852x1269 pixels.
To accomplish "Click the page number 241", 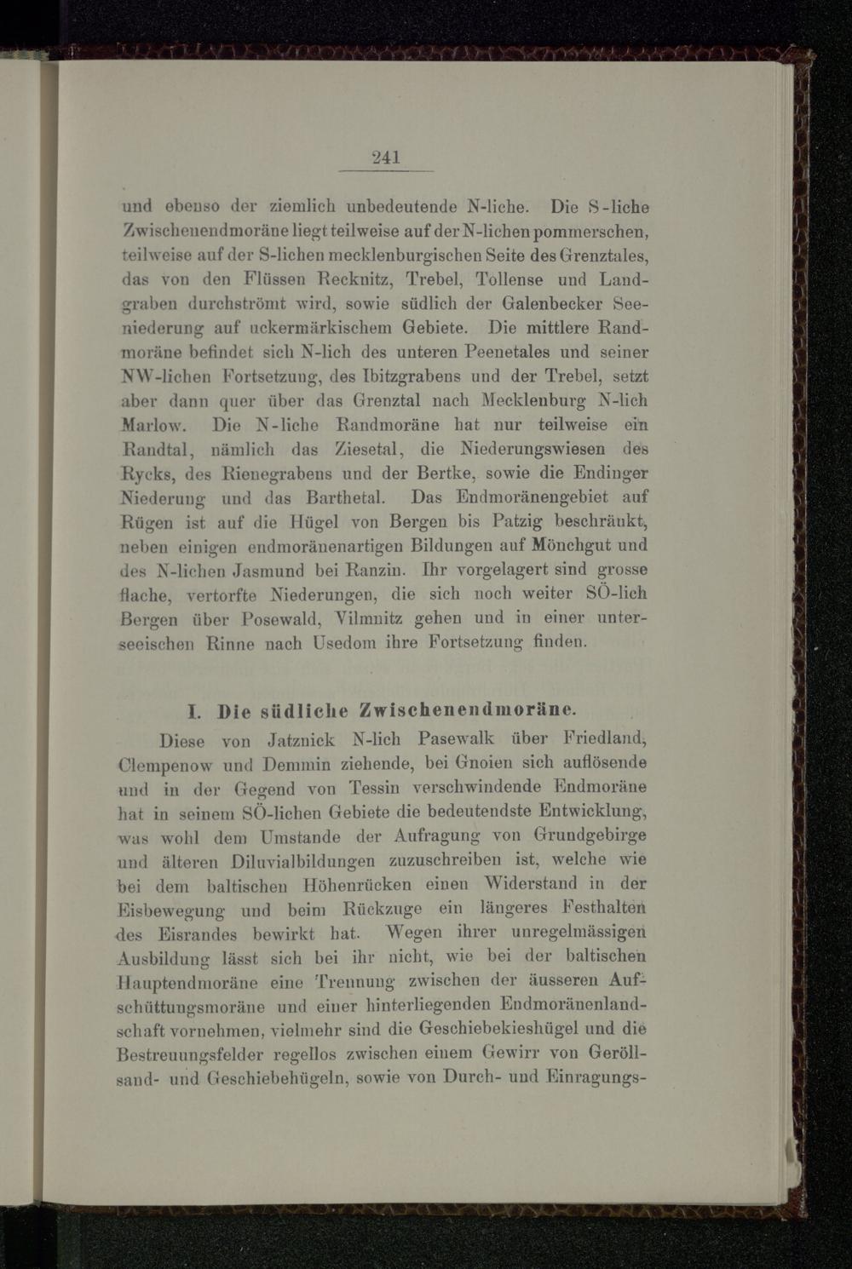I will pos(386,157).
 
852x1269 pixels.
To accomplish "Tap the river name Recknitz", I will pos(355,279).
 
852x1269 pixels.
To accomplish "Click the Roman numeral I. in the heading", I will pos(193,710).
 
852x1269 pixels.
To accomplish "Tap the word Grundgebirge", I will pos(590,836).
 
